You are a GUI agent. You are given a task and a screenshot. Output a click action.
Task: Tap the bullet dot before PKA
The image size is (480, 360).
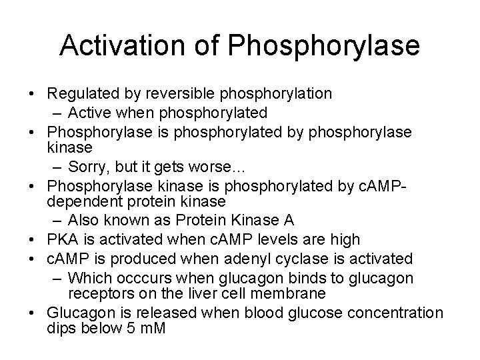[51, 239]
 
